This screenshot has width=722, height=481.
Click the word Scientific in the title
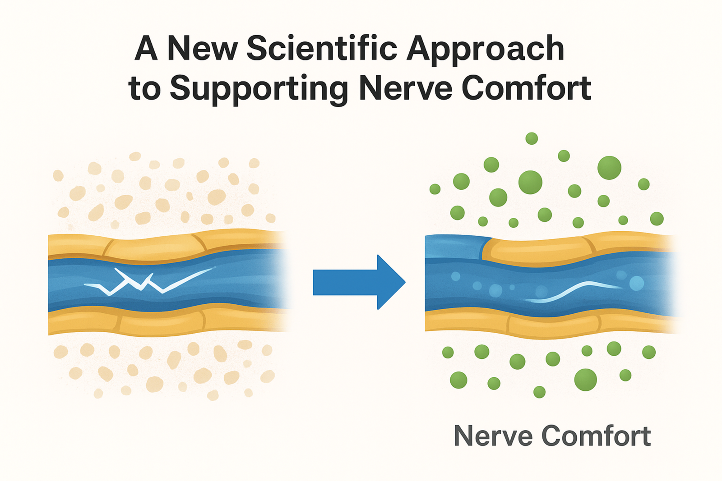click(323, 48)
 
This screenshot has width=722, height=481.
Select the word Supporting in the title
click(259, 89)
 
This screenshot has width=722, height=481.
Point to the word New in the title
click(202, 48)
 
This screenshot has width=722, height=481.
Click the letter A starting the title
click(146, 48)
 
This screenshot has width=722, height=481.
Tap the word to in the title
click(144, 89)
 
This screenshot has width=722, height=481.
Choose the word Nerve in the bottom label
click(493, 436)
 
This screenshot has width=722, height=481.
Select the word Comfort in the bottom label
click(596, 436)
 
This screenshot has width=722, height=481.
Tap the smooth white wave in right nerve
click(573, 291)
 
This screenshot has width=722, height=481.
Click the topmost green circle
click(532, 138)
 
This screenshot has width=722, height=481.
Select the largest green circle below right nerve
click(585, 380)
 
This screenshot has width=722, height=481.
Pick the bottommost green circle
click(539, 392)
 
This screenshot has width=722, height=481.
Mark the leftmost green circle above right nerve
click(435, 189)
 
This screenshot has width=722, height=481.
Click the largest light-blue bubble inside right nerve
click(637, 283)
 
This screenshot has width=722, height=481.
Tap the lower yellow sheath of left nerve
click(162, 321)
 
